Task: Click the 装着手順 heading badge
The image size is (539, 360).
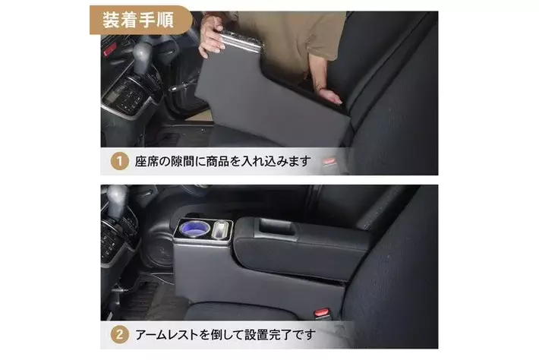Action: tap(140, 20)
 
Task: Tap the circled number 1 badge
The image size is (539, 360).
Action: tap(120, 161)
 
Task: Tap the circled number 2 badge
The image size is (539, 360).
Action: tap(120, 334)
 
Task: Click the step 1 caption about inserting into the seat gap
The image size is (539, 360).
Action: tap(222, 161)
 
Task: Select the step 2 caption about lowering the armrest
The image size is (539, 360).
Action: tap(225, 334)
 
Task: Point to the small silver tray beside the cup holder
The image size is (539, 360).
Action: tap(222, 229)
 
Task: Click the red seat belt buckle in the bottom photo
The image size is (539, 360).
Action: tap(322, 313)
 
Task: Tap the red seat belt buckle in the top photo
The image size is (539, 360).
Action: tap(329, 161)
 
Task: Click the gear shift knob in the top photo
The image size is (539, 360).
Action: tap(142, 55)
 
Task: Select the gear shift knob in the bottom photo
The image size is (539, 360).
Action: tap(117, 200)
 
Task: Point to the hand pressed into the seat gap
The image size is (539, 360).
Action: tap(330, 96)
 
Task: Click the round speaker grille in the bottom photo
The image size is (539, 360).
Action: tap(161, 251)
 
